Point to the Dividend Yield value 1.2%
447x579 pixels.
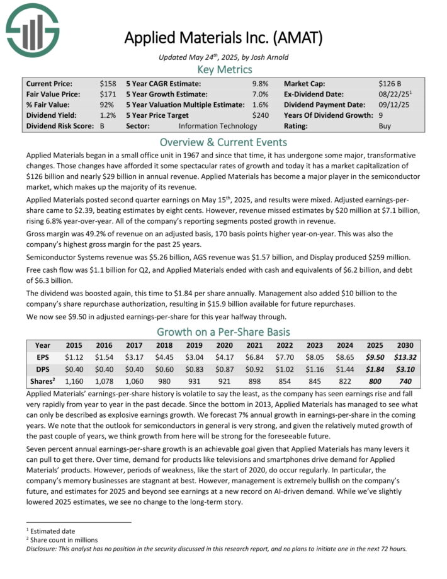click(107, 115)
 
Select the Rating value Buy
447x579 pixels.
click(385, 126)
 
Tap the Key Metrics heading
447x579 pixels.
click(225, 69)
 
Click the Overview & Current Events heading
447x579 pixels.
click(224, 142)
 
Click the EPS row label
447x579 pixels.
click(43, 357)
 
